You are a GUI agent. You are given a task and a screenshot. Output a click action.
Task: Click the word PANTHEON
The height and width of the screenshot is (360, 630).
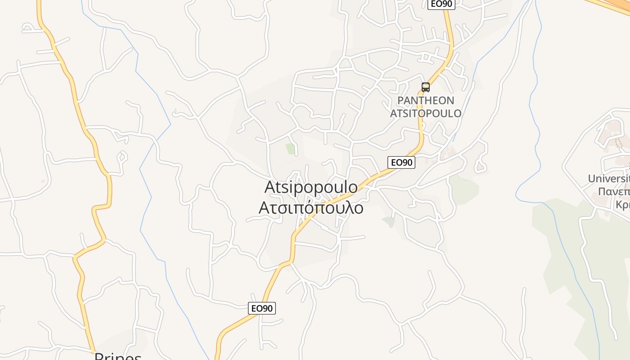[x=426, y=100]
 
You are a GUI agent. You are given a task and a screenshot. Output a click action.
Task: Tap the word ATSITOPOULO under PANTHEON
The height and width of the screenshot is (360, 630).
[x=426, y=113]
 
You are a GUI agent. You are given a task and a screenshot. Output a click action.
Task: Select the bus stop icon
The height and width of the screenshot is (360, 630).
[x=426, y=87]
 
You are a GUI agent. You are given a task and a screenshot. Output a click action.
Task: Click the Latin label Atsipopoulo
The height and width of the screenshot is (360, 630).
[x=311, y=187]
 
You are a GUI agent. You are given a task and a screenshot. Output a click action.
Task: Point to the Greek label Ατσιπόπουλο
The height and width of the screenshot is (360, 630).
[x=311, y=208]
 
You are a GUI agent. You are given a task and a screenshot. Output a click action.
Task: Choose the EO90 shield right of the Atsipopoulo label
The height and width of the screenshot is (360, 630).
[x=401, y=162]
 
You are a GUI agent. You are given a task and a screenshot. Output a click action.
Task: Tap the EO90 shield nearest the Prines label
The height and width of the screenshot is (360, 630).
[x=262, y=308]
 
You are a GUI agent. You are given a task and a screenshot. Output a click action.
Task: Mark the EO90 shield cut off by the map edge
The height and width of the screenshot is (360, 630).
[x=441, y=4]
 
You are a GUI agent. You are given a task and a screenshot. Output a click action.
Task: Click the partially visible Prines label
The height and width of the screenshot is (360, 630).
[x=118, y=356]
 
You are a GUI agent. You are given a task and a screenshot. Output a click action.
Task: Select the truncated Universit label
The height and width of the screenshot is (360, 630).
[x=608, y=179]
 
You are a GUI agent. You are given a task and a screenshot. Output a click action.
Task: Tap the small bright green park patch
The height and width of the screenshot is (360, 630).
[x=291, y=148]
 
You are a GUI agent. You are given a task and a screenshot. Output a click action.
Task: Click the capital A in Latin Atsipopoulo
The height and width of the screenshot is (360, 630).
[x=270, y=187]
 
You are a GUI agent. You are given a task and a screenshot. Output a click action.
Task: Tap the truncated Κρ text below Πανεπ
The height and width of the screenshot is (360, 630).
[x=623, y=205]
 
